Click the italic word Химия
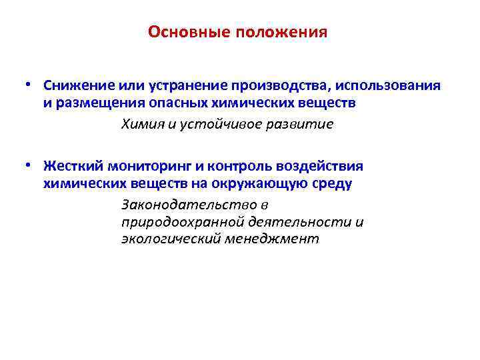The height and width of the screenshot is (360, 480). (x=141, y=124)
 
